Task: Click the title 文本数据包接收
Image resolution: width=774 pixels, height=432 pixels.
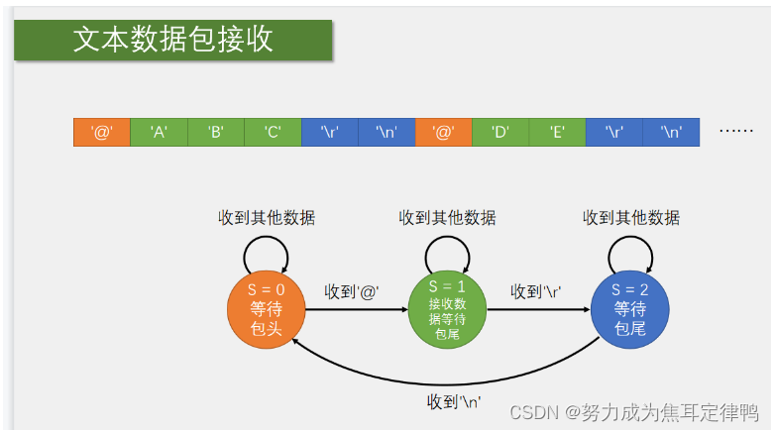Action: [x=172, y=40]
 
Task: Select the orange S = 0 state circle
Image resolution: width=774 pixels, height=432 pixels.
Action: [x=267, y=309]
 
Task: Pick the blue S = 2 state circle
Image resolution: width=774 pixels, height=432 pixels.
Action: [x=629, y=309]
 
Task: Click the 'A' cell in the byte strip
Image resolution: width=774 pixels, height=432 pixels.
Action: [x=159, y=133]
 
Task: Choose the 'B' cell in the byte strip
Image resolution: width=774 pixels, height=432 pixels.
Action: [x=215, y=133]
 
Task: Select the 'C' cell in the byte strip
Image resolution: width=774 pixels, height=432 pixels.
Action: [x=273, y=133]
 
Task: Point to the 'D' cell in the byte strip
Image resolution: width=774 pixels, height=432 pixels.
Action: [x=500, y=133]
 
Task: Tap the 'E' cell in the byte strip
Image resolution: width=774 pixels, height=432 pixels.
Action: [x=557, y=133]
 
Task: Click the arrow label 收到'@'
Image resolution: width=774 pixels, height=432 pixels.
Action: [x=352, y=292]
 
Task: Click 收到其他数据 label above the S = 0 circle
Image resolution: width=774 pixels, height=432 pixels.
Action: [x=267, y=218]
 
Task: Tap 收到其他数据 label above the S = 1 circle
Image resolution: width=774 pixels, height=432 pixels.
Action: [x=447, y=218]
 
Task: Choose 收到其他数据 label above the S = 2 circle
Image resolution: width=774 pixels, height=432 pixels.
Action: [x=631, y=218]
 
